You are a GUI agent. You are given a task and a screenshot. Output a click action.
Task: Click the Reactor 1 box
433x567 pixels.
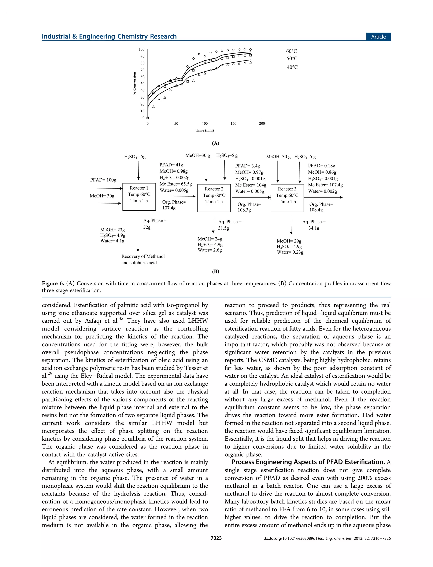[139, 197]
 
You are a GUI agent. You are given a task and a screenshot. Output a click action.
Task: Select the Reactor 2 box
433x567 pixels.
[214, 198]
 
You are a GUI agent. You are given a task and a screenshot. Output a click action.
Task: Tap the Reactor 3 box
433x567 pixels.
[287, 198]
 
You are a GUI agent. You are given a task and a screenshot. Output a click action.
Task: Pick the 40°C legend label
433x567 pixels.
[292, 67]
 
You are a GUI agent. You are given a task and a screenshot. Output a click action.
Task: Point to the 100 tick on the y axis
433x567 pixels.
[142, 50]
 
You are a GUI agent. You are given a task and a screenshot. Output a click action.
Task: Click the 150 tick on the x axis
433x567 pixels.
[233, 124]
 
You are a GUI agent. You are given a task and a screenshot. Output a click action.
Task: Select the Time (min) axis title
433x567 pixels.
[205, 130]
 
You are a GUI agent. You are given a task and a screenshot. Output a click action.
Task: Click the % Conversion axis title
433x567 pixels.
[134, 84]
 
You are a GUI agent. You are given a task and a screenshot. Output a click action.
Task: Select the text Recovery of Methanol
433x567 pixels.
[143, 256]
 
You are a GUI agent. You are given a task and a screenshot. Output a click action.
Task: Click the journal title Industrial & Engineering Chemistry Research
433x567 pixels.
[109, 36]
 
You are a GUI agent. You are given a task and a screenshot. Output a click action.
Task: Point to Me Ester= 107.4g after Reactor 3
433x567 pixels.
[325, 185]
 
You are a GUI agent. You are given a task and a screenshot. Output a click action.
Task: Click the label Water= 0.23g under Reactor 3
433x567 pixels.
[290, 252]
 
